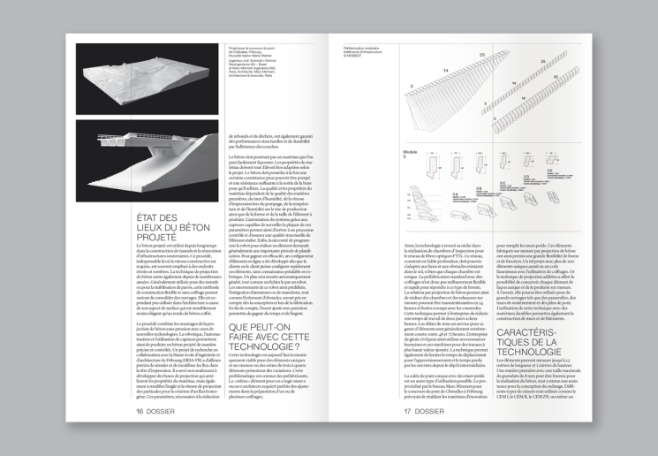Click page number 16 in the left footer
[x=140, y=411]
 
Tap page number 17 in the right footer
[x=408, y=411]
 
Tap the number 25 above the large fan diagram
[x=481, y=55]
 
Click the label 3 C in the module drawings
[x=503, y=183]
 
